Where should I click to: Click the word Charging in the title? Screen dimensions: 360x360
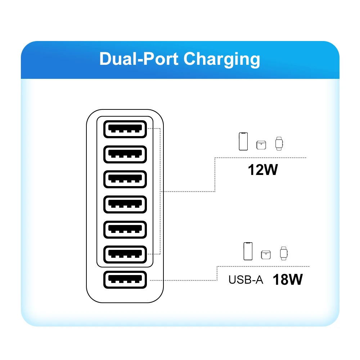221,59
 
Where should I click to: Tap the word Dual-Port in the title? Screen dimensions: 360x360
139,59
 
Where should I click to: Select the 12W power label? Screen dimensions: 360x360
263,170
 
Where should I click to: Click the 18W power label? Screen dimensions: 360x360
287,279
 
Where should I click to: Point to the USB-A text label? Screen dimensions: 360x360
246,280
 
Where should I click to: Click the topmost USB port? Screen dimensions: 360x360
125,129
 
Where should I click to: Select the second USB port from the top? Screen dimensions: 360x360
125,154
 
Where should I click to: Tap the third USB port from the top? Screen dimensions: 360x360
125,179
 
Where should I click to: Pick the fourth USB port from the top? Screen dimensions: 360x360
125,204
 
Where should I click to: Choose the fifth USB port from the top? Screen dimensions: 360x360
125,230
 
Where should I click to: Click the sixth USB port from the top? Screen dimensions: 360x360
125,255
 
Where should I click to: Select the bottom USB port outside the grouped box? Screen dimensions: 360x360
125,280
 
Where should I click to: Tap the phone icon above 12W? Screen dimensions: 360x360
243,141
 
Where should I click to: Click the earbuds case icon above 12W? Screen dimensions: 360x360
261,145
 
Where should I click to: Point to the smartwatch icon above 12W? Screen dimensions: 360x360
279,144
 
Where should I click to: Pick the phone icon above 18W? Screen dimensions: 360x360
248,251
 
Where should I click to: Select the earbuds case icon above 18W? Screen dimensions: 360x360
266,255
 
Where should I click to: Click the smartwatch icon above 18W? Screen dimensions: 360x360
284,253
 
